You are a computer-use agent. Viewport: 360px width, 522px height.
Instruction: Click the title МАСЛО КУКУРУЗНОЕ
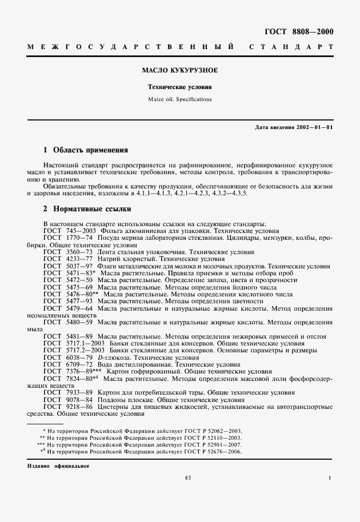(x=180, y=71)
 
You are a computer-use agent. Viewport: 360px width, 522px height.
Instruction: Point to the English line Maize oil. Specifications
(x=180, y=99)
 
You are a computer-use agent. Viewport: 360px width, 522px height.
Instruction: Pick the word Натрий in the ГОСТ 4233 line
(x=107, y=258)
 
